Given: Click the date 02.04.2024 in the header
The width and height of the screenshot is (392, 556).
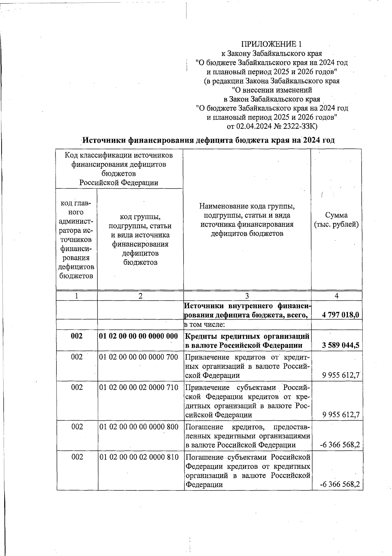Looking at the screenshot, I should [x=254, y=126].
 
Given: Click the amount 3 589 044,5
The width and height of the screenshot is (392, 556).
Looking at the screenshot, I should [x=340, y=345].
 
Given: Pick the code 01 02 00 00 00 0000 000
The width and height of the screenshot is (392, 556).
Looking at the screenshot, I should [x=139, y=336].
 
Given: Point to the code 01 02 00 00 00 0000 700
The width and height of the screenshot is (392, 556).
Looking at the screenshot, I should [x=139, y=357].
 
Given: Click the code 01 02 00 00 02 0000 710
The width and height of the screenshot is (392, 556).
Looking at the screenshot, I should [x=139, y=387].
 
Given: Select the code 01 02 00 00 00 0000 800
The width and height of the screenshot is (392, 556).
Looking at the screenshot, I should [x=139, y=427].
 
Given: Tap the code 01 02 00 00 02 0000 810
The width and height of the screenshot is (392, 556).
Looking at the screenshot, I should [x=139, y=457].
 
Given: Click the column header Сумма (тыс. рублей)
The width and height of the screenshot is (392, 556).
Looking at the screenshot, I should [x=336, y=220].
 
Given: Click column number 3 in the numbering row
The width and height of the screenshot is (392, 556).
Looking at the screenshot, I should [x=247, y=296].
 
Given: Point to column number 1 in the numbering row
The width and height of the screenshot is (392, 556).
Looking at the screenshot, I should [x=76, y=296].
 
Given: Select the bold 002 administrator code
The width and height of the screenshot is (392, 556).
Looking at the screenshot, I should [x=77, y=336].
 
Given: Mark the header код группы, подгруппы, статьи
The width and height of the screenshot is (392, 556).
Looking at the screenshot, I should [x=140, y=221].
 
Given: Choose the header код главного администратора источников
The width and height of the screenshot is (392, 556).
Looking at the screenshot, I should [x=76, y=239].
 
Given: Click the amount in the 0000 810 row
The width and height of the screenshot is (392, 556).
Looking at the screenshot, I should [x=340, y=485].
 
